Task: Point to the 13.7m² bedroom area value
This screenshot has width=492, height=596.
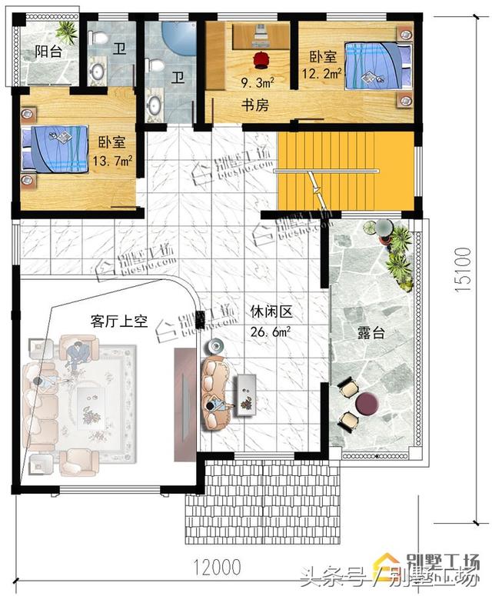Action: (112, 161)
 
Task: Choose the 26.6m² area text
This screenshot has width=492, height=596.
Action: (268, 332)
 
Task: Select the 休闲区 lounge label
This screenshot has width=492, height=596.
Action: (268, 313)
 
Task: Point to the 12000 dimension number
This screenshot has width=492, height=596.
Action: (216, 567)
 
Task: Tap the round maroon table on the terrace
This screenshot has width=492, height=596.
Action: (368, 403)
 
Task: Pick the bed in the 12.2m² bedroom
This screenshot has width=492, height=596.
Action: (374, 66)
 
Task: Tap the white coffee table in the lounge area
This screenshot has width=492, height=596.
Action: (246, 394)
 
